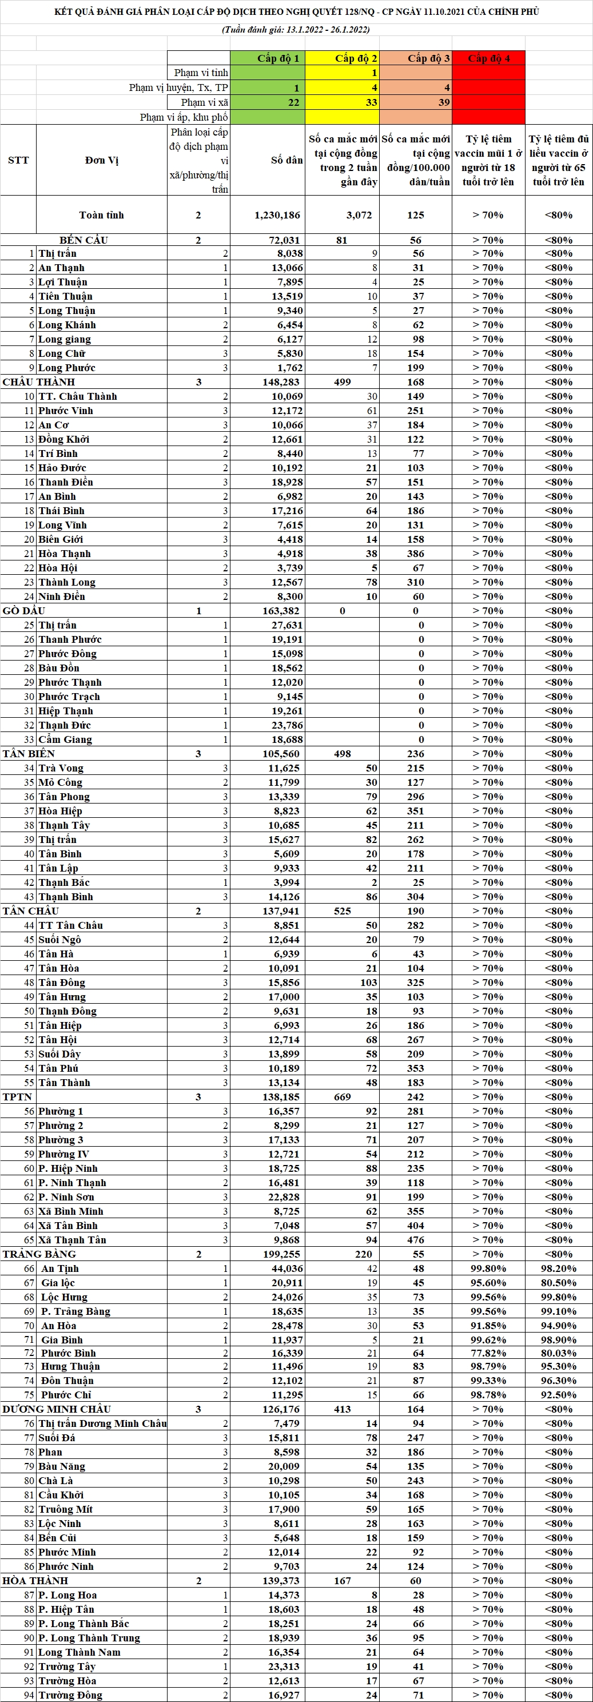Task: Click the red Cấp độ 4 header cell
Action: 489,58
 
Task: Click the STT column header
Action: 18,160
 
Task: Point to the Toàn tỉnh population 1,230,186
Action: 277,214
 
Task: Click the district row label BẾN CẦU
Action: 83,240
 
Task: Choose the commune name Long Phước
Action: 67,367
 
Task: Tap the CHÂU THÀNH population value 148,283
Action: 281,382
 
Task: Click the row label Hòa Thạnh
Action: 65,554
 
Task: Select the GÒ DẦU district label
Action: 24,610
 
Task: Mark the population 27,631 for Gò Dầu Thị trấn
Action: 286,625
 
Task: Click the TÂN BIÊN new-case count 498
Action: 342,754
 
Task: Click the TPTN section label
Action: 17,1097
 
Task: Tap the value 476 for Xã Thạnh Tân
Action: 415,1239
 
